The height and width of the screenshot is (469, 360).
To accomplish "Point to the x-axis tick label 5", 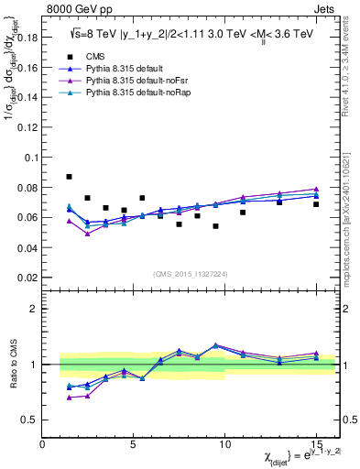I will (x=134, y=445).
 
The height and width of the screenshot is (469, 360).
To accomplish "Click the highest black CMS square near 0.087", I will (x=70, y=177).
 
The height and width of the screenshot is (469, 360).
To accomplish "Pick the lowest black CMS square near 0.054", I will (x=215, y=225).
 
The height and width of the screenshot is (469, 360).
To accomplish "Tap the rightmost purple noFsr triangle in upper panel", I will (x=316, y=189).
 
